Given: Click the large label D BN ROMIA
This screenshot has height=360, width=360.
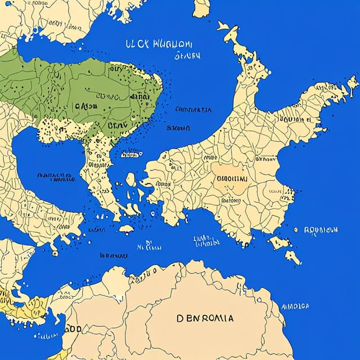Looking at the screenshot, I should [206, 318].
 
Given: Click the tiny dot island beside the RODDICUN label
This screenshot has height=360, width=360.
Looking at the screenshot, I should [296, 229].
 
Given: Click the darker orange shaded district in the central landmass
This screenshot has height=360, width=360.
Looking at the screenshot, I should [230, 180].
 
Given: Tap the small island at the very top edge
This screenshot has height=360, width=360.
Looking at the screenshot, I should [201, 8].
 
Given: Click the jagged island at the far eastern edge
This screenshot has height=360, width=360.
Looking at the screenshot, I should [352, 84].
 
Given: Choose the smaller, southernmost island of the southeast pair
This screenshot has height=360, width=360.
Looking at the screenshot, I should [292, 257].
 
